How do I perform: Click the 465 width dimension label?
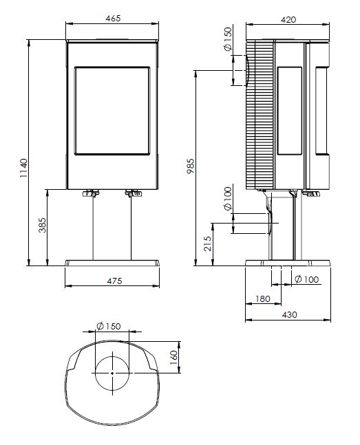113,18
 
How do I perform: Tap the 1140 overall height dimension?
24,168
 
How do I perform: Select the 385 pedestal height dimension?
42,225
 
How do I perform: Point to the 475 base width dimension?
114,281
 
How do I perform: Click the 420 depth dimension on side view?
288,19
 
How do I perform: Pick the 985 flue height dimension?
191,166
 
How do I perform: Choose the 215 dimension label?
208,243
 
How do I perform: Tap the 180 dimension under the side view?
262,299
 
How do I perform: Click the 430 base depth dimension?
290,314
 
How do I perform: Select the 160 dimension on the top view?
173,358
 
